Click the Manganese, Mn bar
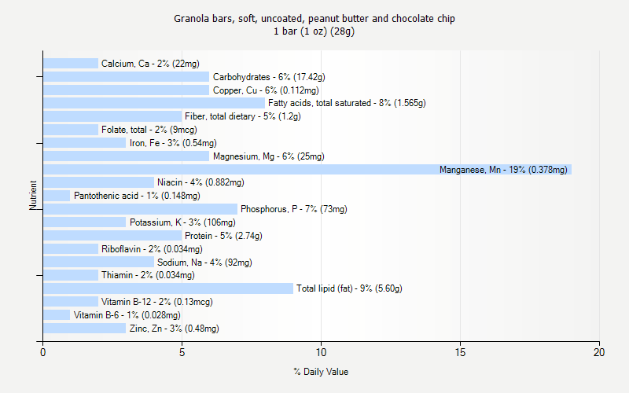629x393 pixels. (x=307, y=169)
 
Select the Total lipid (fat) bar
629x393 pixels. (x=168, y=288)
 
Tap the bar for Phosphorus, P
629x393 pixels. (x=140, y=209)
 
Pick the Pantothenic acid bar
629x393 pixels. (x=57, y=196)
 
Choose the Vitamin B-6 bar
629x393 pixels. (x=57, y=315)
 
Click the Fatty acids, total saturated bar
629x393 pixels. (x=154, y=103)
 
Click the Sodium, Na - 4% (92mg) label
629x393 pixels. (x=204, y=263)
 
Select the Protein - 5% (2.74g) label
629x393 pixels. (x=223, y=236)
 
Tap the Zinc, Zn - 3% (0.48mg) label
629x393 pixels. (x=174, y=329)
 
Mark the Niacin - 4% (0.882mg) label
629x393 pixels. (x=200, y=182)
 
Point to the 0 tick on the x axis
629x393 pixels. (x=43, y=351)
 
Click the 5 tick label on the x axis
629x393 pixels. (x=182, y=351)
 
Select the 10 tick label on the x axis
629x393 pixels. (x=321, y=351)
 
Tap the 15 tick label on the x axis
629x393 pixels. (x=460, y=351)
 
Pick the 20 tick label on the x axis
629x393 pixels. (x=599, y=351)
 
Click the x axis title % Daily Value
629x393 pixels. (x=321, y=372)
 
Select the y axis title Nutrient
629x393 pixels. (x=33, y=196)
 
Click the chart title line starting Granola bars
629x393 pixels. (x=314, y=18)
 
